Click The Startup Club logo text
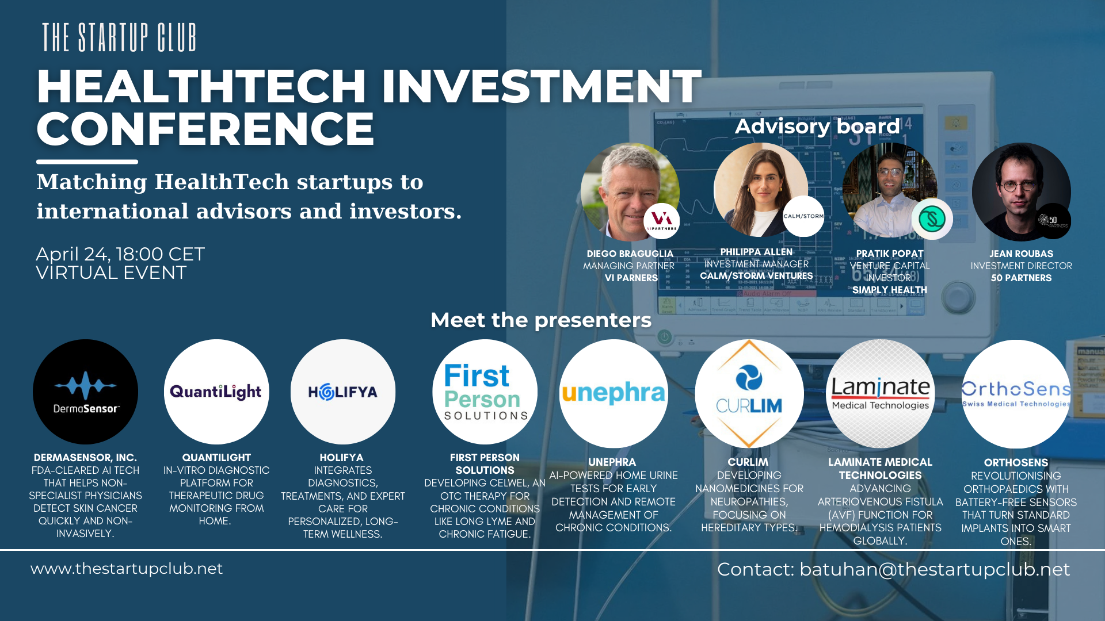pyautogui.click(x=119, y=38)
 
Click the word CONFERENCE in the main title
pyautogui.click(x=205, y=129)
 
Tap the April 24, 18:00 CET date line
pyautogui.click(x=120, y=254)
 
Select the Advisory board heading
pyautogui.click(x=817, y=126)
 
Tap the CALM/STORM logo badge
pyautogui.click(x=803, y=216)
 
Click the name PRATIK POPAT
pyautogui.click(x=889, y=254)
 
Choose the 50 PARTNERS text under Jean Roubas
pyautogui.click(x=1021, y=278)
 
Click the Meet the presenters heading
pyautogui.click(x=540, y=320)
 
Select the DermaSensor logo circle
pyautogui.click(x=85, y=392)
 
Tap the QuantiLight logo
pyautogui.click(x=216, y=392)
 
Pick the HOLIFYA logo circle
pyautogui.click(x=343, y=392)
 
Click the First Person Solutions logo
pyautogui.click(x=485, y=392)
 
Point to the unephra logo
pyautogui.click(x=614, y=393)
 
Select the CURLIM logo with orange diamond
pyautogui.click(x=749, y=393)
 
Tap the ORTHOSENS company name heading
pyautogui.click(x=1016, y=462)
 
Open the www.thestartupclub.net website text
pyautogui.click(x=127, y=569)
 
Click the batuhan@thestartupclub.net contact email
pyautogui.click(x=934, y=569)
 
